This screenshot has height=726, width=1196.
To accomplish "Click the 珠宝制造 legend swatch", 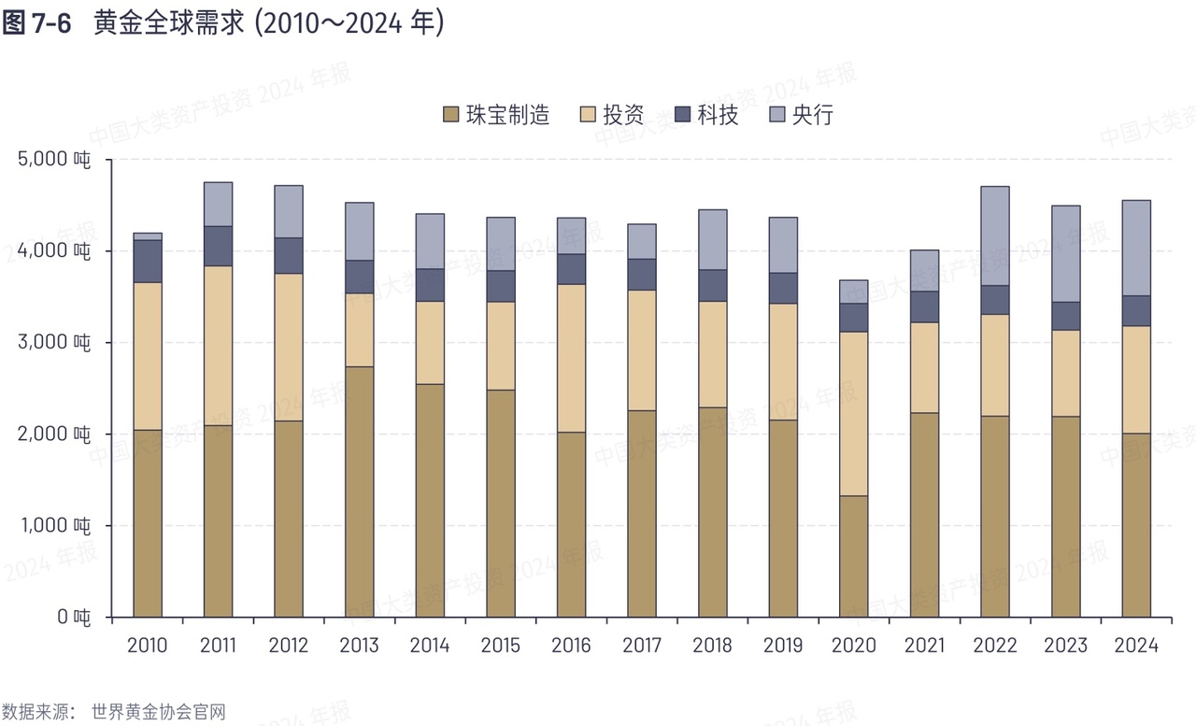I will (x=450, y=115).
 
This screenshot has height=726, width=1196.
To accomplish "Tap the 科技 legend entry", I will (x=718, y=115).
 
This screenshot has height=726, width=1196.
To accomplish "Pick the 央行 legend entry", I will (x=811, y=115).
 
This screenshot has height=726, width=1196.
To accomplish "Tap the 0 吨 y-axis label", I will (x=73, y=617).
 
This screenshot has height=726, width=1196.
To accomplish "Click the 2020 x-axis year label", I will (x=854, y=646).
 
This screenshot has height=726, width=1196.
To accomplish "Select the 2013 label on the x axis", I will (x=359, y=646).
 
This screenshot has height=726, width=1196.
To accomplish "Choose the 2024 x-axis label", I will (x=1136, y=646).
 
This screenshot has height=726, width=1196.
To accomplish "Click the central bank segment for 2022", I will (x=995, y=235).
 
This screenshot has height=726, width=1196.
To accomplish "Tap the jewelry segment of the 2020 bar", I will (x=854, y=556).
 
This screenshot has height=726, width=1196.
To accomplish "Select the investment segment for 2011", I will (x=218, y=346).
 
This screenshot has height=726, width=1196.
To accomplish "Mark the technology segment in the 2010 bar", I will (x=148, y=262).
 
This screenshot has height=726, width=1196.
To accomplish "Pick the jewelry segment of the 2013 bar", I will (x=359, y=491).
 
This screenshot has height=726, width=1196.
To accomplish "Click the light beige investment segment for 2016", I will (x=572, y=358).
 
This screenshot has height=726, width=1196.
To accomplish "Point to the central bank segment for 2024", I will (x=1136, y=248).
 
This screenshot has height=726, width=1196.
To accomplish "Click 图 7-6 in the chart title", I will (x=37, y=24).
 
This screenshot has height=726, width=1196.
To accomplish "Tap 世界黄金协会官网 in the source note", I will (x=159, y=712).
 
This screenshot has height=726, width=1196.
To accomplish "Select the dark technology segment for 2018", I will (x=713, y=285).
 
